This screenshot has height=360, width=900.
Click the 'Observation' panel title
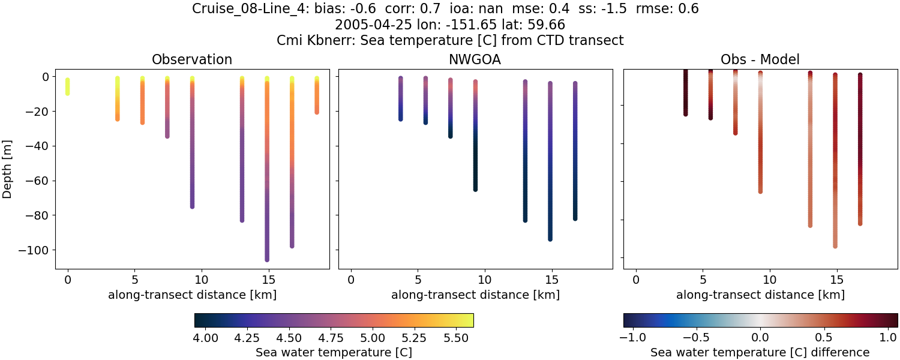tap(192, 59)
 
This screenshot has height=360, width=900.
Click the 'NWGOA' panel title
tap(475, 59)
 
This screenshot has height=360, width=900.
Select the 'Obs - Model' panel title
tap(760, 59)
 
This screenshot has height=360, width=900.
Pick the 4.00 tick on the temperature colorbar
tap(206, 338)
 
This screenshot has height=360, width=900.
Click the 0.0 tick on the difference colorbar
tap(760, 338)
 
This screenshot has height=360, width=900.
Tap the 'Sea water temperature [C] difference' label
tap(760, 352)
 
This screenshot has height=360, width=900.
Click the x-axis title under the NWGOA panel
tap(475, 295)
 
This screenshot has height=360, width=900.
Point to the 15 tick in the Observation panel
tap(268, 280)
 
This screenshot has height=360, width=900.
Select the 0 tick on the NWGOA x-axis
tap(351, 280)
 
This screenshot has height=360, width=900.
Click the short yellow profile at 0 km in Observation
tap(68, 86)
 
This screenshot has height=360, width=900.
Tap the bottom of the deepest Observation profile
tap(266, 259)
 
